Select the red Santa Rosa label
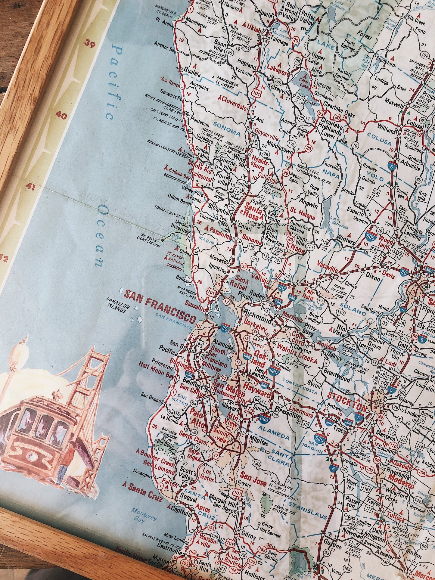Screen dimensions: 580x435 point(253,210)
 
